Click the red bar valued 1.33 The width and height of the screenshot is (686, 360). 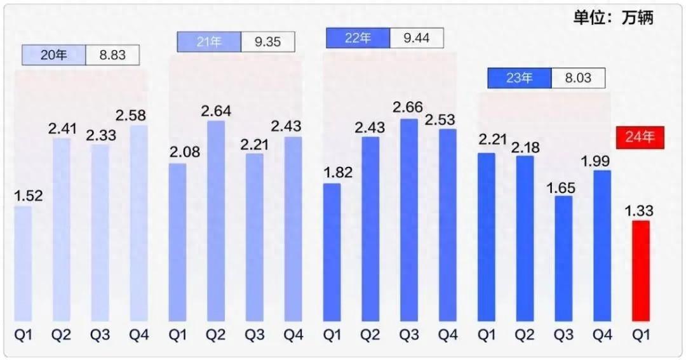(x=640, y=271)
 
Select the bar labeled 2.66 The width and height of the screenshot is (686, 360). (x=409, y=220)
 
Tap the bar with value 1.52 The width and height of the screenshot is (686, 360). (x=23, y=263)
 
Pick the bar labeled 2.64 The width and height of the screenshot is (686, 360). (x=216, y=220)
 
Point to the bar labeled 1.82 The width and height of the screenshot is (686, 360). (x=332, y=252)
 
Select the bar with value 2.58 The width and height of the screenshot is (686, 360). (x=138, y=223)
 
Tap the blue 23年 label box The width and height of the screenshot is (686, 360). (x=519, y=78)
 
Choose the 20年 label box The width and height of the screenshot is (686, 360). (x=54, y=55)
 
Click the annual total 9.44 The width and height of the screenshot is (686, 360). (x=417, y=38)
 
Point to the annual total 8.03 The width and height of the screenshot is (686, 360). (x=578, y=78)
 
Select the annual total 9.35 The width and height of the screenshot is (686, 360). (x=268, y=42)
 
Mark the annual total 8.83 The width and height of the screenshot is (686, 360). (x=112, y=55)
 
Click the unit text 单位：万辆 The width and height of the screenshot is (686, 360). (x=613, y=17)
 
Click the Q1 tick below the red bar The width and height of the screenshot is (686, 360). (x=640, y=335)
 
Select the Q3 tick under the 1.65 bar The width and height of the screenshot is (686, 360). (x=563, y=335)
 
